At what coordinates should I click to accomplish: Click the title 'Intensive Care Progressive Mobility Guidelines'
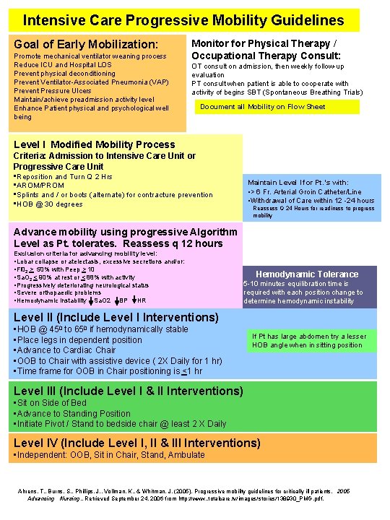[183, 19]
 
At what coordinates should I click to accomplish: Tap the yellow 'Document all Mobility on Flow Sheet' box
[263, 107]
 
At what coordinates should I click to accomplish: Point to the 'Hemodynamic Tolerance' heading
[307, 274]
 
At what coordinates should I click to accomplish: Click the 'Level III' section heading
[129, 391]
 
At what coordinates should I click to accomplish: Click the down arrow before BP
[114, 300]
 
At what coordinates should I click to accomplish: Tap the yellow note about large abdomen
[309, 341]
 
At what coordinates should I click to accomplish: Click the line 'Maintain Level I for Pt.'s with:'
[298, 183]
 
